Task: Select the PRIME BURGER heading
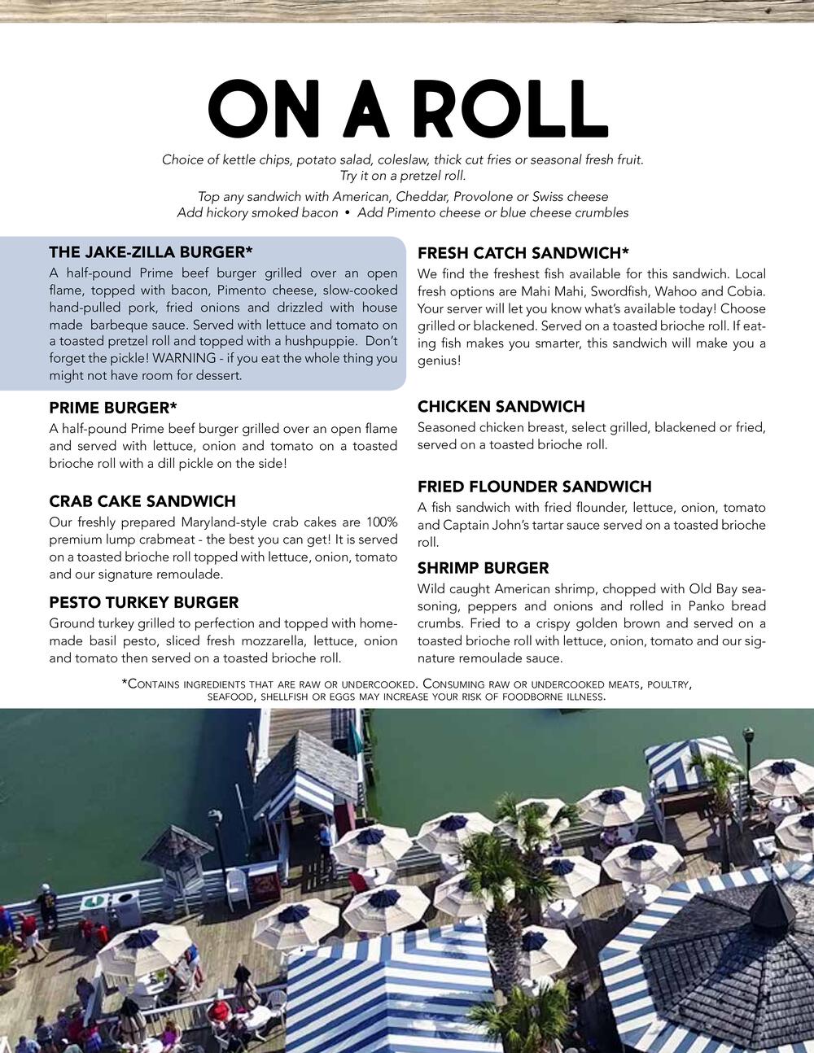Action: (x=113, y=408)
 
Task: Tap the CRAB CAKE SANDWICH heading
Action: (x=142, y=501)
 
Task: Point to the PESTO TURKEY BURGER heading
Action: (x=144, y=603)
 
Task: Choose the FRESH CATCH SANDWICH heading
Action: (x=523, y=253)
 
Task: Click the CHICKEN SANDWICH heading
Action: (x=501, y=407)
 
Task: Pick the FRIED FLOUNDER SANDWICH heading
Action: (x=535, y=487)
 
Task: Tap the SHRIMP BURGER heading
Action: (x=484, y=568)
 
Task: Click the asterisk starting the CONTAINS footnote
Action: (x=124, y=684)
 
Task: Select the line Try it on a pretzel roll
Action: (x=403, y=176)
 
